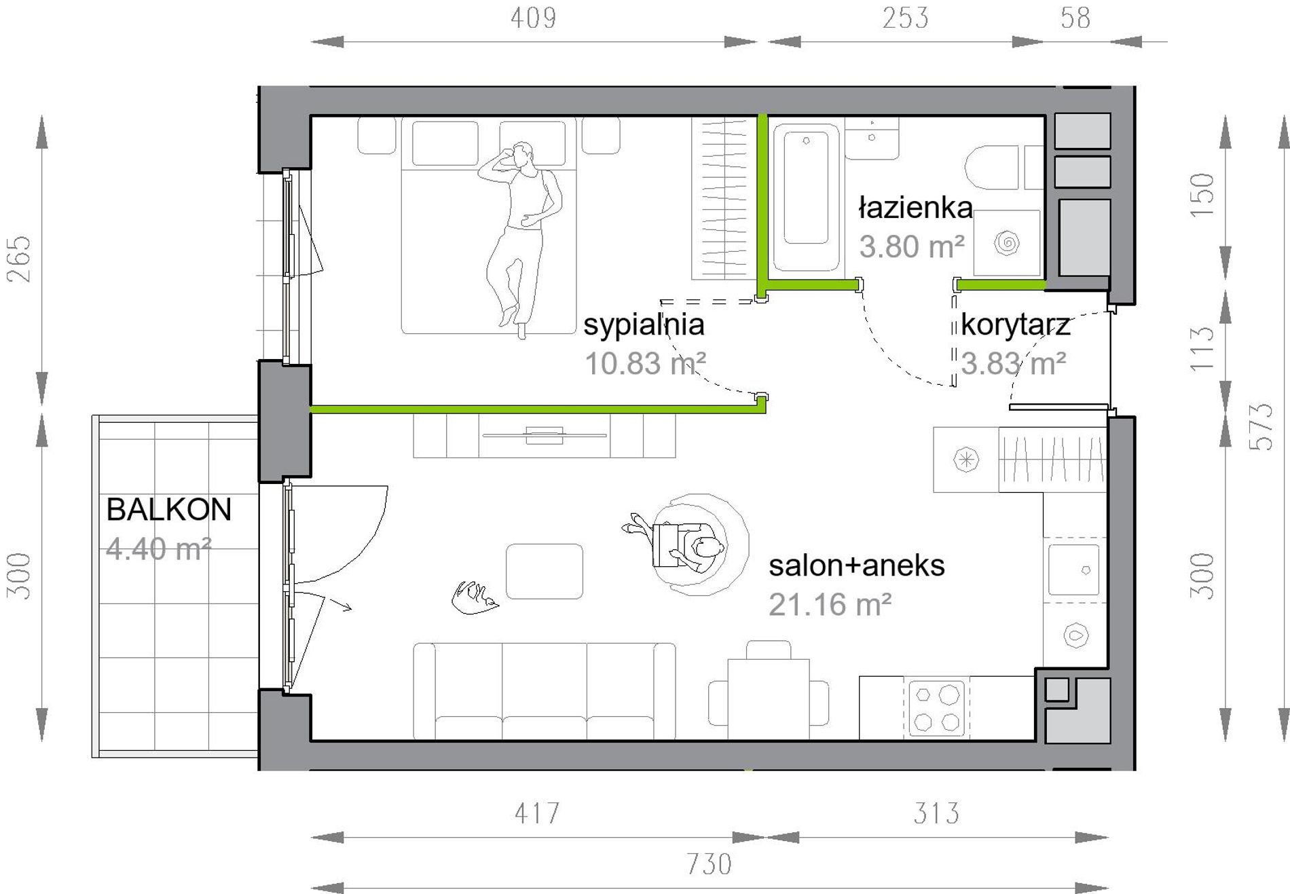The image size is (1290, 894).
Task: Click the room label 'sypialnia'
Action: tap(644, 325)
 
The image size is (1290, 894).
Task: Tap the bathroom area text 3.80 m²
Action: tap(912, 247)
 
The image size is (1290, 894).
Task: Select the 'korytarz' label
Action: tap(1015, 325)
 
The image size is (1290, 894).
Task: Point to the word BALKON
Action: tap(169, 510)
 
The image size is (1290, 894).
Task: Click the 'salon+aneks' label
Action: tap(857, 565)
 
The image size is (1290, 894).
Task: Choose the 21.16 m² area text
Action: tap(830, 605)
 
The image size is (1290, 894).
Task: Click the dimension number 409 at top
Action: tap(534, 18)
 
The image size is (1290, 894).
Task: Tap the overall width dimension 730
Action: tap(709, 865)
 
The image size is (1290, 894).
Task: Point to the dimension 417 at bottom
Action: tap(537, 813)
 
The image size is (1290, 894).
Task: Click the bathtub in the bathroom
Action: tap(806, 198)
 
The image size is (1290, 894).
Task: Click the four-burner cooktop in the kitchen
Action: tap(936, 708)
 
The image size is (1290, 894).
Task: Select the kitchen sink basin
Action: tap(1073, 570)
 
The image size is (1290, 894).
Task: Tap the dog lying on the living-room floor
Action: tap(475, 597)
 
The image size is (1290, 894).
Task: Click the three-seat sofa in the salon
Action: tap(545, 691)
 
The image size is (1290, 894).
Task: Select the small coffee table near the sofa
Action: tap(545, 571)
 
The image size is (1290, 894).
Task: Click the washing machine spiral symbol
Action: tap(1007, 243)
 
